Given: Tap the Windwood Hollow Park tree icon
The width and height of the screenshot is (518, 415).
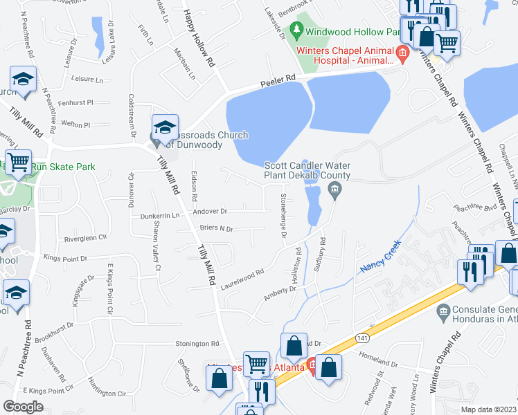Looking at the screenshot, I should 297,30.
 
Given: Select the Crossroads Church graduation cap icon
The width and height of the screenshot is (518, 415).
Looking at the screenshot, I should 166,128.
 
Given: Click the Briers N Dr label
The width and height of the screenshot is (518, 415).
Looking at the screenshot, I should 217,229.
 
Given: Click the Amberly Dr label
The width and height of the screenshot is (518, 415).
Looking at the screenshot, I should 280,294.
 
